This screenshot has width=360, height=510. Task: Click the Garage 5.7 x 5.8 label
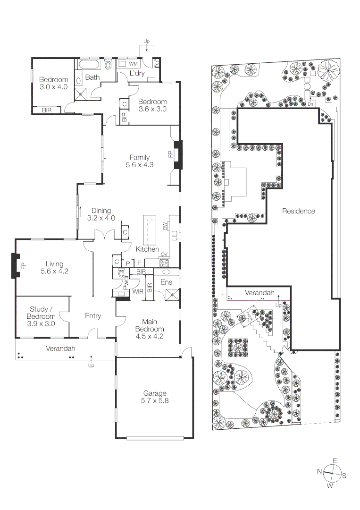155,397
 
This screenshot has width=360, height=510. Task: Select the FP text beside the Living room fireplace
22,266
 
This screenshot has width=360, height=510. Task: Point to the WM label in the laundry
133,63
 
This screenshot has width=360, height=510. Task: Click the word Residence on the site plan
298,211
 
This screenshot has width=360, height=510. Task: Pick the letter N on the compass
319,471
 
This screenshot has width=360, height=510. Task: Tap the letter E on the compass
335,460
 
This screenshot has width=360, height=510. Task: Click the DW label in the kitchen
165,226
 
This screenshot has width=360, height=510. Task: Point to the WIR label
138,292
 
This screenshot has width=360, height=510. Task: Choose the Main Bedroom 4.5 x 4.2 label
150,332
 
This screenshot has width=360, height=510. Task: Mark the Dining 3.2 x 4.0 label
101,214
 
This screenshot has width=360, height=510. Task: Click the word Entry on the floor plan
93,316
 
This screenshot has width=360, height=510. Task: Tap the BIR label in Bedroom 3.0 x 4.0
47,110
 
